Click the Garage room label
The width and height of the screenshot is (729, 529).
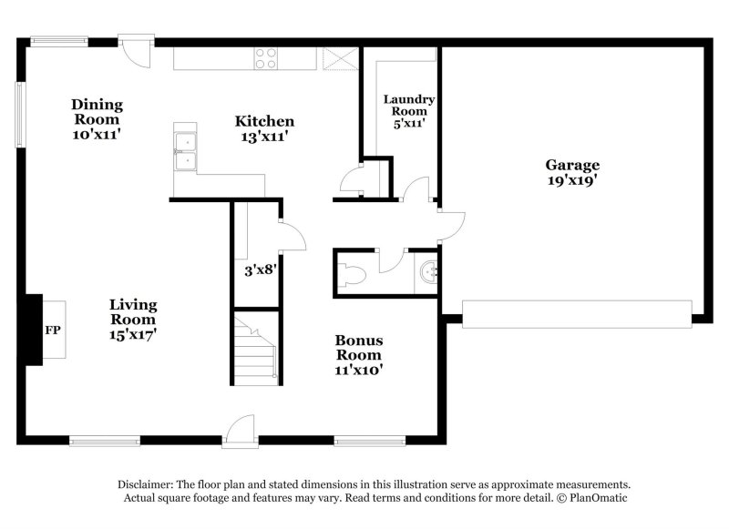(x=572, y=172)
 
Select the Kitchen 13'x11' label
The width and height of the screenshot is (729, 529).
(x=264, y=128)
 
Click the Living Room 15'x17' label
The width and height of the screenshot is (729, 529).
(x=133, y=319)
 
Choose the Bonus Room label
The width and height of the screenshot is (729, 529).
(x=358, y=354)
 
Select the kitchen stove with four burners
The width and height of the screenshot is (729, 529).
(x=265, y=58)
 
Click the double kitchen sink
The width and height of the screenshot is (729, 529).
(x=187, y=150)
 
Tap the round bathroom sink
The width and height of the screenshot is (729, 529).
(x=426, y=271)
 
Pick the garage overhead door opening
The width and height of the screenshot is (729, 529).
(x=576, y=314)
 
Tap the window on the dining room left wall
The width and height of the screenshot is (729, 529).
(x=19, y=115)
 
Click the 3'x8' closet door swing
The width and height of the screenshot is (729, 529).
(x=292, y=238)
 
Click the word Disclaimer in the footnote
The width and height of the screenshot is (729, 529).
(x=146, y=485)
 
